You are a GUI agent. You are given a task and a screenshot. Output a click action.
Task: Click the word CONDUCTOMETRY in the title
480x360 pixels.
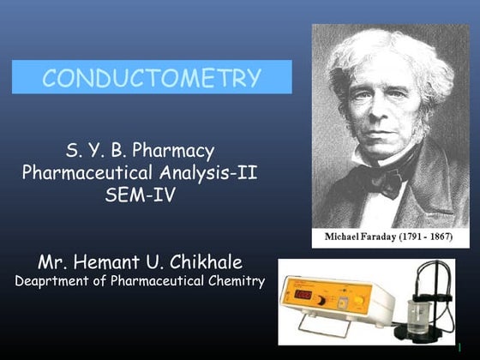(x=152, y=78)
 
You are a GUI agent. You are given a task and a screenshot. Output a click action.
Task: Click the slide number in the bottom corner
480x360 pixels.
(x=471, y=347)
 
